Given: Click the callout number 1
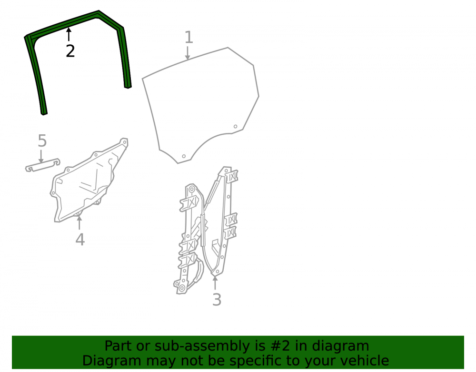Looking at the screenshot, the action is [x=188, y=37].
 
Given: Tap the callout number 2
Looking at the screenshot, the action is [x=70, y=50].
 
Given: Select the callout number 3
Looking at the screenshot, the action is [x=217, y=300].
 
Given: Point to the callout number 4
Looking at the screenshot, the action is [x=80, y=240].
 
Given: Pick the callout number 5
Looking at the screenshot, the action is [x=42, y=141].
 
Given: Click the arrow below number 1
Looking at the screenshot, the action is [x=188, y=53].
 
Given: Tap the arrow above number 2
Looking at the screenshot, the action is [x=69, y=34].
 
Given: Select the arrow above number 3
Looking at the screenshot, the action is [x=215, y=282].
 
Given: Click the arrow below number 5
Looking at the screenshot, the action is [x=40, y=156].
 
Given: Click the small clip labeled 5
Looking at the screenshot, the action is [x=42, y=165].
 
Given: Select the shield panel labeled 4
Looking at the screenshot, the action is [x=88, y=182].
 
